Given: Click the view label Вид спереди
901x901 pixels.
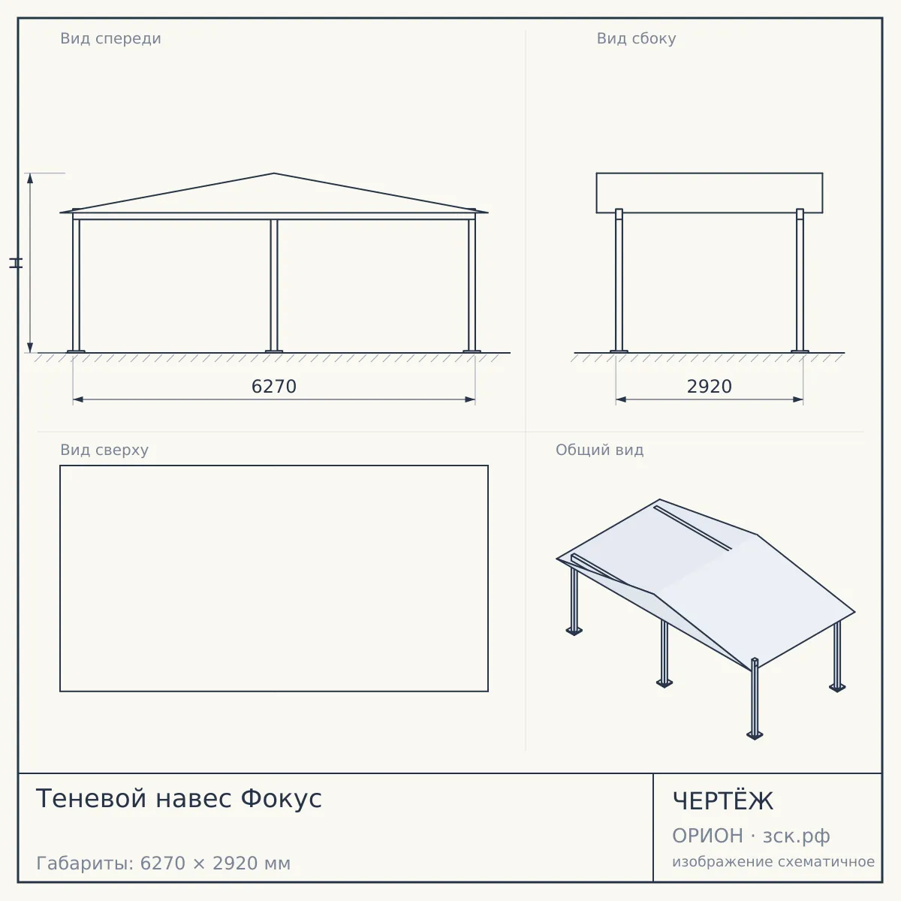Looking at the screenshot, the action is click(x=110, y=39).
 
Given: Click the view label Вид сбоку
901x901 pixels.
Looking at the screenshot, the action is click(x=636, y=39).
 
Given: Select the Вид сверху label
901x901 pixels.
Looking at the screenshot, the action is click(x=104, y=450).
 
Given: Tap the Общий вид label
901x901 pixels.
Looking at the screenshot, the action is click(x=599, y=450).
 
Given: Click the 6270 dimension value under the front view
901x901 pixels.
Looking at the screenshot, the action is click(x=274, y=387).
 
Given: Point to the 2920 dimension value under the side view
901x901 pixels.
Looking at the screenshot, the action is click(x=710, y=387).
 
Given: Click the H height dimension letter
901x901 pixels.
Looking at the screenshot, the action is click(x=16, y=263).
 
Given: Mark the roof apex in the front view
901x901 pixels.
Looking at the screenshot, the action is click(x=274, y=173).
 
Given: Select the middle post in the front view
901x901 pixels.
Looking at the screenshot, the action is click(x=274, y=285).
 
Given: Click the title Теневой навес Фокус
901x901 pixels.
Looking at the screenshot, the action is click(x=179, y=798).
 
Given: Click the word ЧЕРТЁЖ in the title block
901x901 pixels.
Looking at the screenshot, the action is click(x=722, y=801).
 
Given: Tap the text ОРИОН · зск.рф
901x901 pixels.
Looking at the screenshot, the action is click(x=751, y=836).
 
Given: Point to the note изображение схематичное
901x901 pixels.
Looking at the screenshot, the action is click(x=773, y=861).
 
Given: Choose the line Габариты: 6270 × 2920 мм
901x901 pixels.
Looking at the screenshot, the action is click(x=163, y=863).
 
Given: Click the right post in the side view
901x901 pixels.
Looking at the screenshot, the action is click(x=800, y=280).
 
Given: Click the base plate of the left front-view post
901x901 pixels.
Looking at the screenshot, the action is click(x=77, y=351).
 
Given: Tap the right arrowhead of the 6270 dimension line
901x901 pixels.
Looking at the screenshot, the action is click(x=470, y=399).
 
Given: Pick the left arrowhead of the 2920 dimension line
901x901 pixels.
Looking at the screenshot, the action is click(x=621, y=399).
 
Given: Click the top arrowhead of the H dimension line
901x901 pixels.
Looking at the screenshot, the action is click(x=30, y=178).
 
